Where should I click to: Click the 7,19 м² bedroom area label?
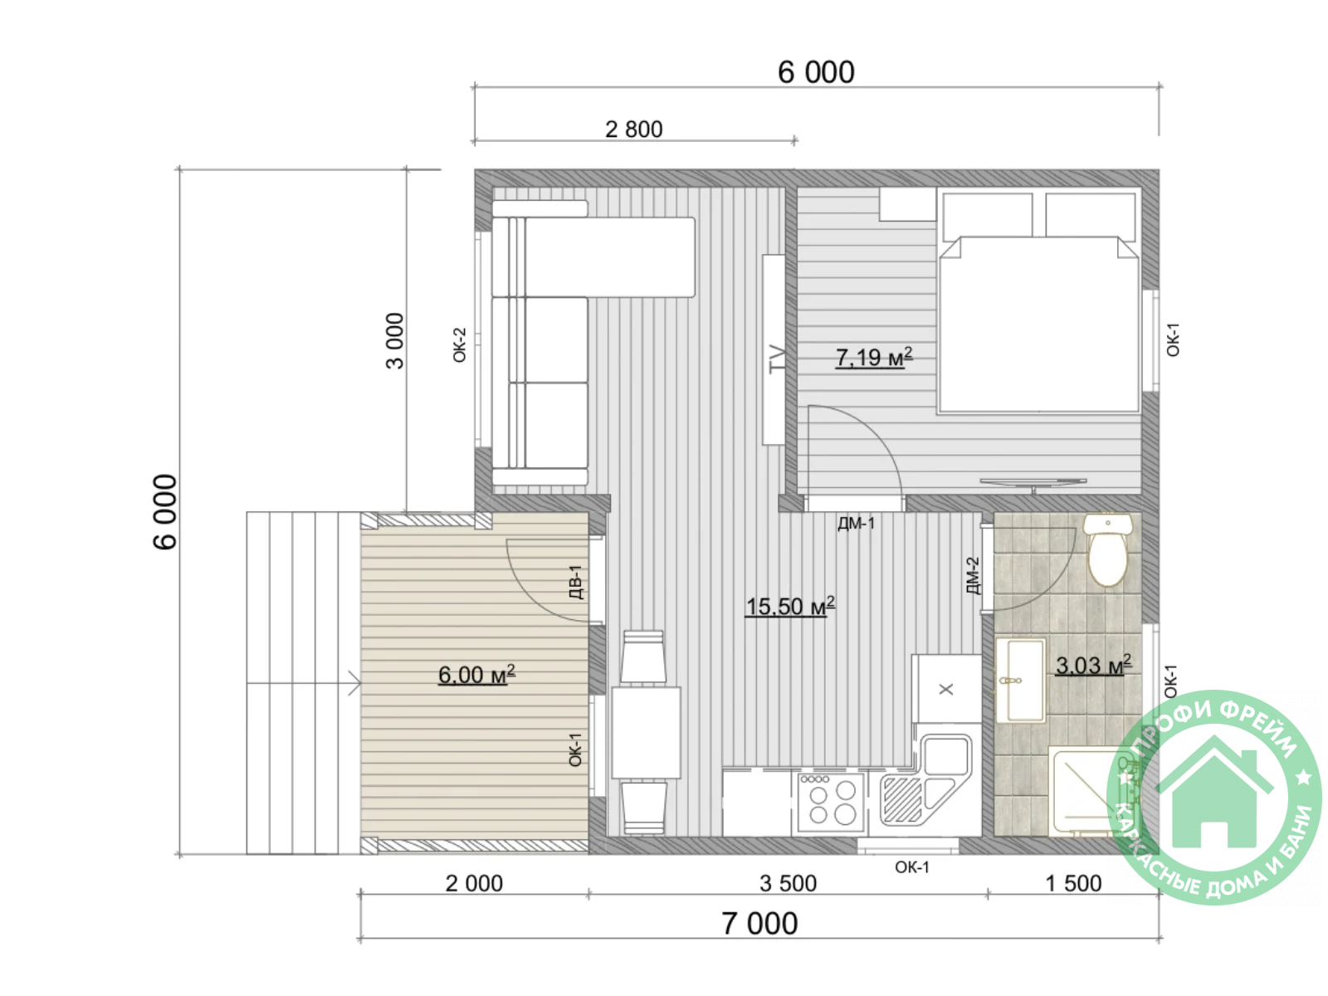874,357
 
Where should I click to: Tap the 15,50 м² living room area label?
789,606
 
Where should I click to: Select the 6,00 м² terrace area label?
476,674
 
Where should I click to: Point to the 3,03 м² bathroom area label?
1092,665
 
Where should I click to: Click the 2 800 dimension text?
633,129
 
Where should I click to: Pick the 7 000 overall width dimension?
759,924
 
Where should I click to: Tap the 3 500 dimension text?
788,883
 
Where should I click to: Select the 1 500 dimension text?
1073,883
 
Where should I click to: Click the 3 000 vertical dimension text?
394,340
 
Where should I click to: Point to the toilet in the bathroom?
1107,549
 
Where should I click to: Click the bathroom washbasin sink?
1020,681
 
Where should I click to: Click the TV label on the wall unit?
777,359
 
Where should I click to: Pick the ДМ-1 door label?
856,523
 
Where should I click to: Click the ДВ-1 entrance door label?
576,582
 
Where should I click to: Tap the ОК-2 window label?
459,344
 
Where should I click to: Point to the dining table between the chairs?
646,732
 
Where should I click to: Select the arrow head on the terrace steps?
354,683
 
